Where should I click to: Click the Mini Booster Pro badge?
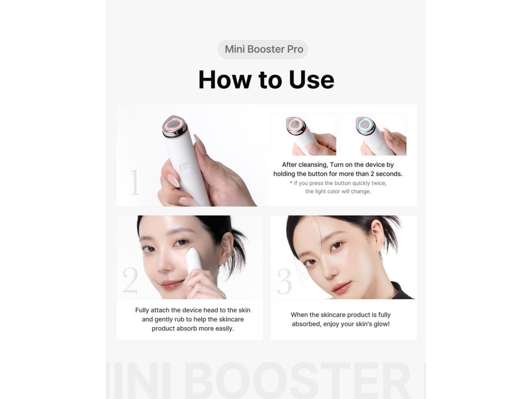tap(263, 49)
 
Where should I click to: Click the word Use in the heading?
tap(312, 80)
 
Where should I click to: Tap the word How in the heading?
tap(225, 80)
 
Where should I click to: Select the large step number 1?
tap(135, 182)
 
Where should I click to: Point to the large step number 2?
tap(130, 280)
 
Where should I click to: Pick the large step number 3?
tap(284, 281)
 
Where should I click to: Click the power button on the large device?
tap(185, 167)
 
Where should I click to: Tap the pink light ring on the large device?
tap(174, 125)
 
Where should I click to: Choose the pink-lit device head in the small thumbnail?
tap(296, 125)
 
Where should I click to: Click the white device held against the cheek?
tap(194, 260)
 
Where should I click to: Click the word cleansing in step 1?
tap(314, 165)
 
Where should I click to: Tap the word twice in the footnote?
tap(379, 183)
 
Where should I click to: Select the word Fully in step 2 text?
tap(142, 310)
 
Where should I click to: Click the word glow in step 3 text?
tap(381, 324)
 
